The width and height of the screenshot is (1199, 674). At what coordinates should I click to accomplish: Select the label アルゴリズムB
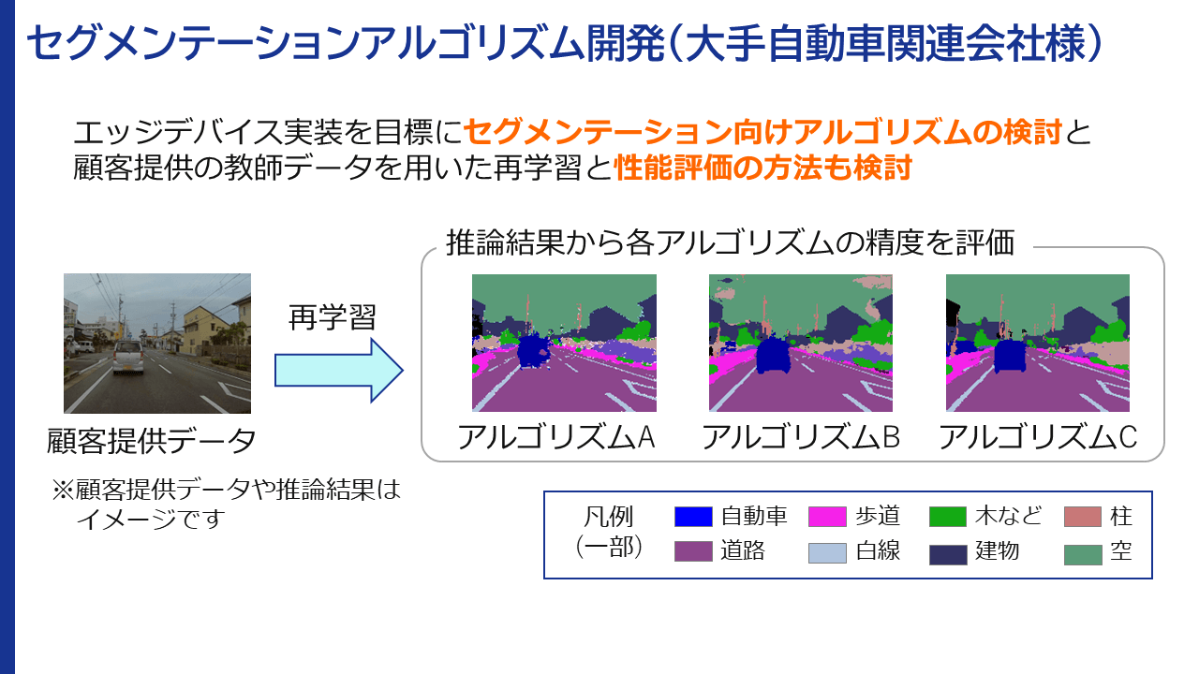click(800, 437)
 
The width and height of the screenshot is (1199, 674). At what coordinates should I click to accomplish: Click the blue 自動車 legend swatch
click(694, 517)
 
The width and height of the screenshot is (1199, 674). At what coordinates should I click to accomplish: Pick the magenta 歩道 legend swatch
click(827, 517)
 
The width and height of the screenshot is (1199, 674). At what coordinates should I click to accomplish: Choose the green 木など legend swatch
click(948, 517)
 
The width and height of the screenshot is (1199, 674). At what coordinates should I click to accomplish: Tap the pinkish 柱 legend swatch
click(1082, 517)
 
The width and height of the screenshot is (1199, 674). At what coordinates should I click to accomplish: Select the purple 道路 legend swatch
click(694, 552)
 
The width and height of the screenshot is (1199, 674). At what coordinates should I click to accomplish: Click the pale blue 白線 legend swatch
click(827, 552)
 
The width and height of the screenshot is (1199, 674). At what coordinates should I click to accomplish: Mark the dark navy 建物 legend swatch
click(948, 553)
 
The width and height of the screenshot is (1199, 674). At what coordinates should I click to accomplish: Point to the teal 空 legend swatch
click(1082, 553)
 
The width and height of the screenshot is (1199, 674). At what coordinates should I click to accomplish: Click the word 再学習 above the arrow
click(332, 317)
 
